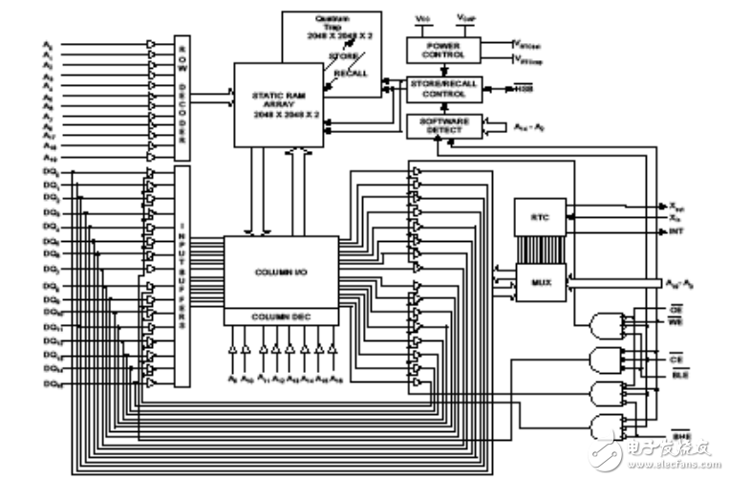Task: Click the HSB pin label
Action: (x=524, y=89)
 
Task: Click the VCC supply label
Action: (x=424, y=18)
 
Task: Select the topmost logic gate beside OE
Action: (x=609, y=325)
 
